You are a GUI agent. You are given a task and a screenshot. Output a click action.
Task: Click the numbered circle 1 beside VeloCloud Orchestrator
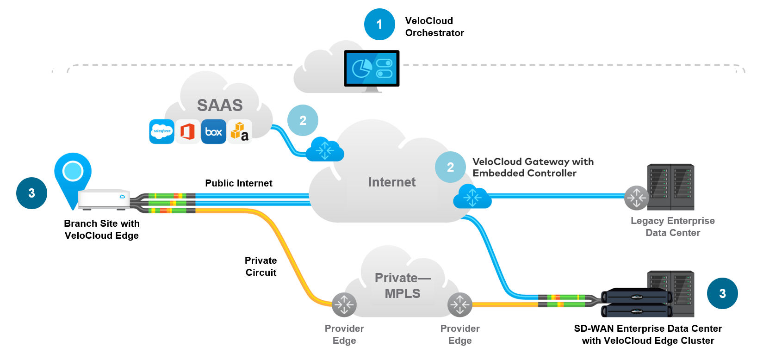[379, 25]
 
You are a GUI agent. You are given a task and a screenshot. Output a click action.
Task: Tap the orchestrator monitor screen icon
[372, 68]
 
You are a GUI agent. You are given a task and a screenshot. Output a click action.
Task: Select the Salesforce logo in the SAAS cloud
[162, 131]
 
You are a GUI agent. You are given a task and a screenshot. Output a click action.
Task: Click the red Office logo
[187, 131]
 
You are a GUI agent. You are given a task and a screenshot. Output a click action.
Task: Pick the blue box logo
[213, 132]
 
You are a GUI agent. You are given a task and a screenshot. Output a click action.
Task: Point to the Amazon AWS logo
[239, 131]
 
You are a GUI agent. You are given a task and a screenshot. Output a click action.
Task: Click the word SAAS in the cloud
[220, 106]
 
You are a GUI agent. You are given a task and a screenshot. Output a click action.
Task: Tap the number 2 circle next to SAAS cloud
[303, 121]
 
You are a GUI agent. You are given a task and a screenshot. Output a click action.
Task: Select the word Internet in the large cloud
[392, 182]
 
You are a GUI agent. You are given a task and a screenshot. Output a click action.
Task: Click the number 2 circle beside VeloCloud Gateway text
[450, 167]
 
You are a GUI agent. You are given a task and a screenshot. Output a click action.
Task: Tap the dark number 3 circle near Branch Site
[31, 193]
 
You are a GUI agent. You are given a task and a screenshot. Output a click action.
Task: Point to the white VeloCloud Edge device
[104, 199]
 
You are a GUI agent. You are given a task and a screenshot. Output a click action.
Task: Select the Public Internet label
[239, 183]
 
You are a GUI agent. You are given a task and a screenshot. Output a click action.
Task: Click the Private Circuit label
[261, 267]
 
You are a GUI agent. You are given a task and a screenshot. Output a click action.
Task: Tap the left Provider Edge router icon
[344, 304]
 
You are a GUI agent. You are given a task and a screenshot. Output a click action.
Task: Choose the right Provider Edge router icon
[460, 304]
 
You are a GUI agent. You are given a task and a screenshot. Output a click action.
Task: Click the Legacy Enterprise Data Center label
[673, 227]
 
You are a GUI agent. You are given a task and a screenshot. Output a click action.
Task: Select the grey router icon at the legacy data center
[637, 198]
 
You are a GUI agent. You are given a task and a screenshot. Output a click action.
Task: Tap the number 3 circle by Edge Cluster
[722, 293]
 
